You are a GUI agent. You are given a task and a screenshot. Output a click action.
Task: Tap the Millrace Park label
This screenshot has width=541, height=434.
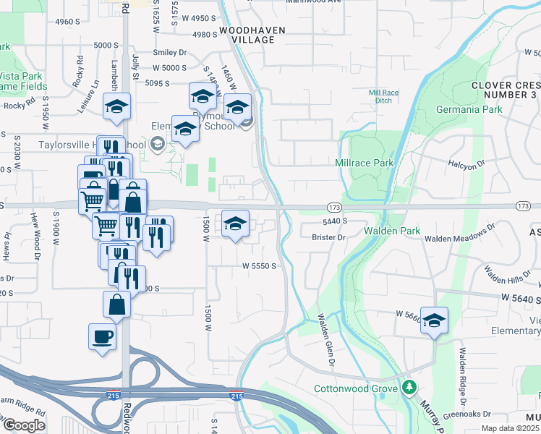point(365,163)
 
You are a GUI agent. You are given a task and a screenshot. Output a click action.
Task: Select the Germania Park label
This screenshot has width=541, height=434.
point(469,109)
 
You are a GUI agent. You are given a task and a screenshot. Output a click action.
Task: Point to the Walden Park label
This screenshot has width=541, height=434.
point(391,231)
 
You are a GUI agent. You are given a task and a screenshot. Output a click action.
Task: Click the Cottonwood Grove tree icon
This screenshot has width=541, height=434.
point(410,388)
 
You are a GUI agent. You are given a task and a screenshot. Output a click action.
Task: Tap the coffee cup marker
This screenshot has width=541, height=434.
point(102,336)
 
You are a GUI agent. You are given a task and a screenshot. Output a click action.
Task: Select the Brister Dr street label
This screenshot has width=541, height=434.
point(330,237)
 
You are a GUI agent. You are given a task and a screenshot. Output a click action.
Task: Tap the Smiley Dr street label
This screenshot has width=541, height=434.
point(169,52)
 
